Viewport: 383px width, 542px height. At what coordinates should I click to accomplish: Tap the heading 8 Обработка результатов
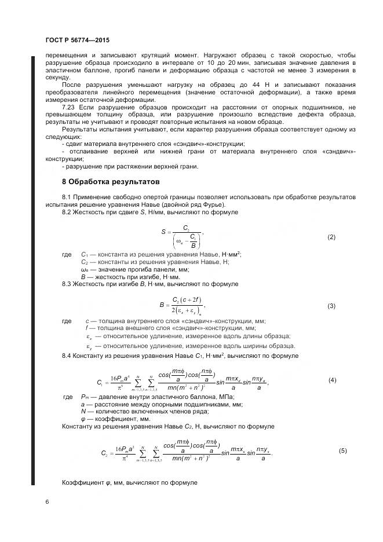tap(110, 182)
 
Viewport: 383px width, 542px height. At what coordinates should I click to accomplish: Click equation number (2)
tap(331, 237)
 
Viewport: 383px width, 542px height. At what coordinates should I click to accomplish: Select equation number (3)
tap(331, 305)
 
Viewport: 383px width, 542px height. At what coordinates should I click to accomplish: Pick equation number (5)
tap(342, 450)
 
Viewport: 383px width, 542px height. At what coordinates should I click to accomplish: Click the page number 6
tap(46, 502)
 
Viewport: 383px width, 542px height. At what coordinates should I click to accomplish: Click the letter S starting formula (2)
tap(164, 232)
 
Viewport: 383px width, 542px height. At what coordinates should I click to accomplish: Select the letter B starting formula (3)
tap(162, 304)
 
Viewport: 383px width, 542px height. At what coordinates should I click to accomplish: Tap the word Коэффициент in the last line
tap(81, 482)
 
